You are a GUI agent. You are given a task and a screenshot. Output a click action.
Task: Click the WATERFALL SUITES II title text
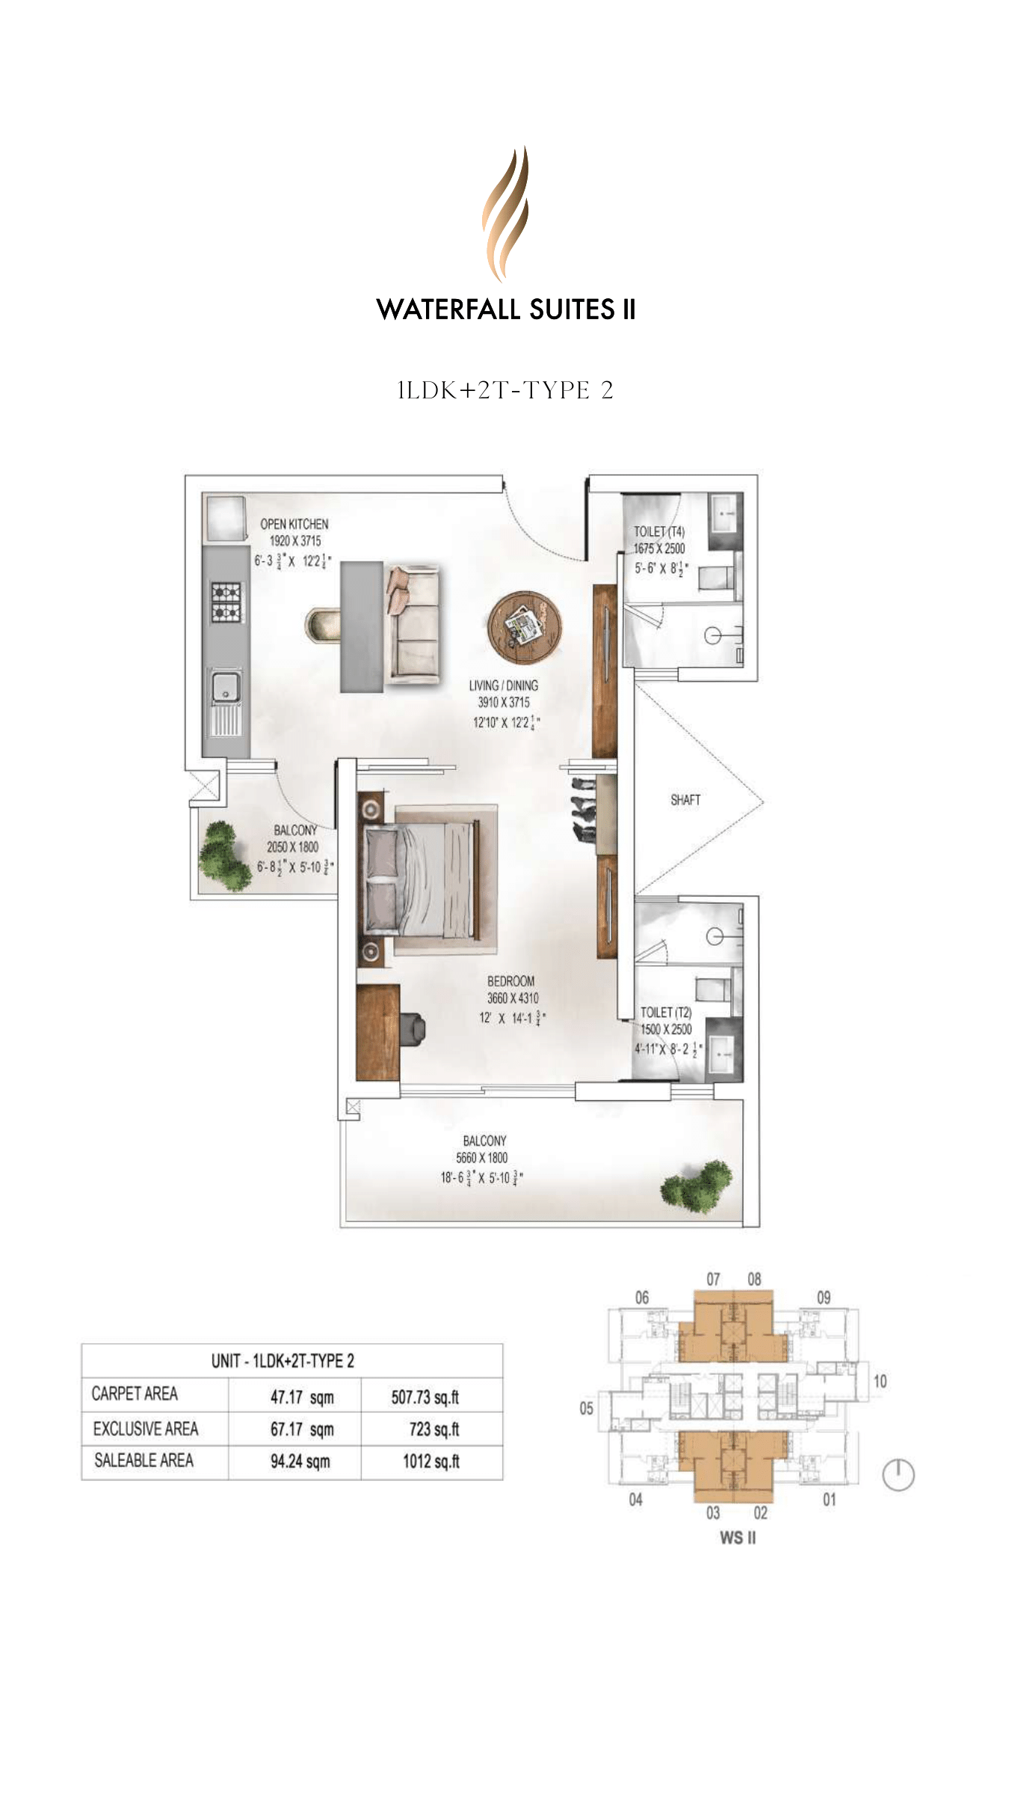point(506,309)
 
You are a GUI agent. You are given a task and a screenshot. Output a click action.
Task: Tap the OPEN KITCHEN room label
point(294,524)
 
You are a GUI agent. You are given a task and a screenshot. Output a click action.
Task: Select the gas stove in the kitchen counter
point(226,602)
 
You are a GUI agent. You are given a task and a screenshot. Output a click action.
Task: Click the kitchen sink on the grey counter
point(225,688)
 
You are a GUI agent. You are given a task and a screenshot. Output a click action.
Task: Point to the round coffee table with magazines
point(525,626)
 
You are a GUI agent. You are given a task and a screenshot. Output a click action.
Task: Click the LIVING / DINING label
point(503,685)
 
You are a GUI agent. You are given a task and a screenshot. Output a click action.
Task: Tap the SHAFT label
point(685,800)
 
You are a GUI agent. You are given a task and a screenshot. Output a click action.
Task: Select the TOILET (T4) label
point(658,531)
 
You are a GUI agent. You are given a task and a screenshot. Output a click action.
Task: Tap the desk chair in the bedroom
point(412,1028)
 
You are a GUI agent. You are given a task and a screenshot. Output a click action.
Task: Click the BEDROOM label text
point(510,981)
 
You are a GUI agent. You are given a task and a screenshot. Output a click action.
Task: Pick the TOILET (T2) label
point(665,1012)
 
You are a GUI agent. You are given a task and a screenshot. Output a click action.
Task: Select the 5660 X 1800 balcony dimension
point(481,1158)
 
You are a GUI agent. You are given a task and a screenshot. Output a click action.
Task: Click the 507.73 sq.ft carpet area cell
point(425,1397)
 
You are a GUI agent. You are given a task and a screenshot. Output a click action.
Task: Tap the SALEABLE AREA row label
point(144,1461)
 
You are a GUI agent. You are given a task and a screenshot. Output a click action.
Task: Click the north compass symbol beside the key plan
point(898,1475)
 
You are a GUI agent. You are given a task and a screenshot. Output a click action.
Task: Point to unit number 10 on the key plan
point(880,1381)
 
